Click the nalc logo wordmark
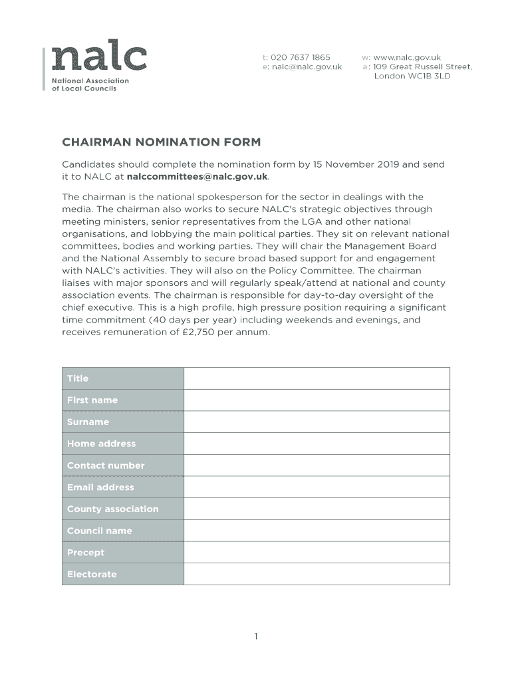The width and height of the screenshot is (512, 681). (x=99, y=59)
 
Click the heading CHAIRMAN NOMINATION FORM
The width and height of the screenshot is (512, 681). (x=162, y=142)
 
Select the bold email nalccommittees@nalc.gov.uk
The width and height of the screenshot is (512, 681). (x=197, y=176)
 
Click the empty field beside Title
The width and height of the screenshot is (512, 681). (x=317, y=378)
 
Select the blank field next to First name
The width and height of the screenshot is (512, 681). (x=317, y=400)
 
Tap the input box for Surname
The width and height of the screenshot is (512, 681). (x=317, y=422)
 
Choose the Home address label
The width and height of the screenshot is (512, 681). (x=101, y=444)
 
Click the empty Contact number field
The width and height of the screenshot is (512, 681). (x=317, y=466)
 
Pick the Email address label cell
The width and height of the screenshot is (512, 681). (x=100, y=487)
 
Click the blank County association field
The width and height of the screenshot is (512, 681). (x=317, y=509)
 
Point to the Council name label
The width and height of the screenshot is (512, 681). (x=100, y=531)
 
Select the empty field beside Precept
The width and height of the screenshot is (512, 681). (x=317, y=553)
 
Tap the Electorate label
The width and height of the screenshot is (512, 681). (x=92, y=574)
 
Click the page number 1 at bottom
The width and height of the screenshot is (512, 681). (x=256, y=636)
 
